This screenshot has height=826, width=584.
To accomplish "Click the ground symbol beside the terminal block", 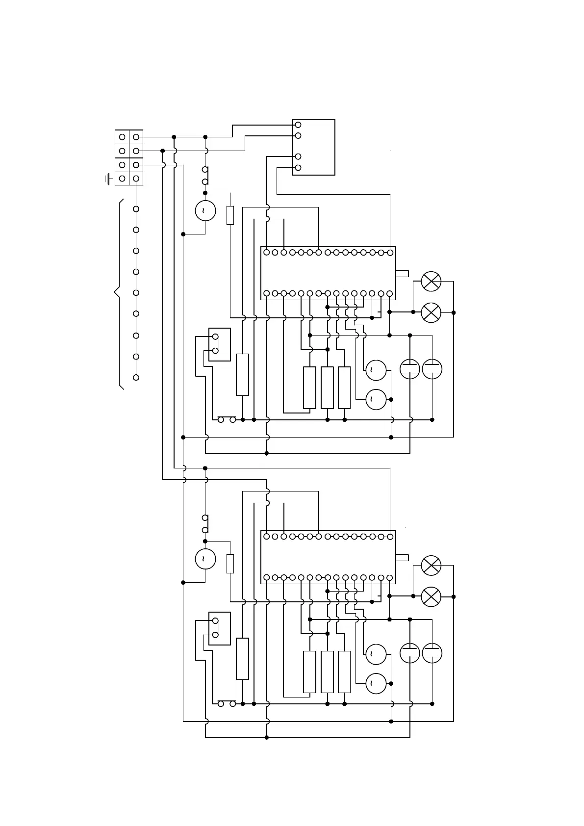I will click(x=107, y=179).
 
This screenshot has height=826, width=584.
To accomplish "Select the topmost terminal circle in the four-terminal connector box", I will click(x=298, y=125).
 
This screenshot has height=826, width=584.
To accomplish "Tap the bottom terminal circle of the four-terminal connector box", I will click(x=298, y=168).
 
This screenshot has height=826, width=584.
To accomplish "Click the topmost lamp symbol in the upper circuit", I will click(x=431, y=282).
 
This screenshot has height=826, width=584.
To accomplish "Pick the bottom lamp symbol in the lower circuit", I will click(x=431, y=596).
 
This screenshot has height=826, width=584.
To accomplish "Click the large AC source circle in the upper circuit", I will click(x=205, y=211).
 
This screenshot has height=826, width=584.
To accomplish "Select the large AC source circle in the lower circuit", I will click(x=205, y=559).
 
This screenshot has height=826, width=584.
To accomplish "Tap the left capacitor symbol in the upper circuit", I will click(x=410, y=369).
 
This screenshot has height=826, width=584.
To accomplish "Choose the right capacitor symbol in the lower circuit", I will click(x=432, y=653).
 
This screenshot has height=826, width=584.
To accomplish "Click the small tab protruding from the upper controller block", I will click(x=402, y=274).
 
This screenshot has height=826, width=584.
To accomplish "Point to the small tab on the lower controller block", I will click(x=402, y=557).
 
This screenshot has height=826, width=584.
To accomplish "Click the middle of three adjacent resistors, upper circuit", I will click(x=327, y=387).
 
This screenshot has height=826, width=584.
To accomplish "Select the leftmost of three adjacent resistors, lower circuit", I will click(x=309, y=672).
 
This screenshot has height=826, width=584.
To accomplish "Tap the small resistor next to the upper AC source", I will click(x=230, y=215).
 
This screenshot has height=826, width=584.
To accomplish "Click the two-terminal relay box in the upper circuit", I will click(x=219, y=344).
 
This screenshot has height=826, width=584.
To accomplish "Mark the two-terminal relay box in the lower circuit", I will click(x=219, y=628).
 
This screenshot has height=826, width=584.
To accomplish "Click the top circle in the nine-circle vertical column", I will click(x=136, y=209).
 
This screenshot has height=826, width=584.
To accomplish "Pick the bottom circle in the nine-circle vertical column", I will click(x=136, y=377).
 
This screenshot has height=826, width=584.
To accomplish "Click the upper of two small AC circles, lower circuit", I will click(x=376, y=653).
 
